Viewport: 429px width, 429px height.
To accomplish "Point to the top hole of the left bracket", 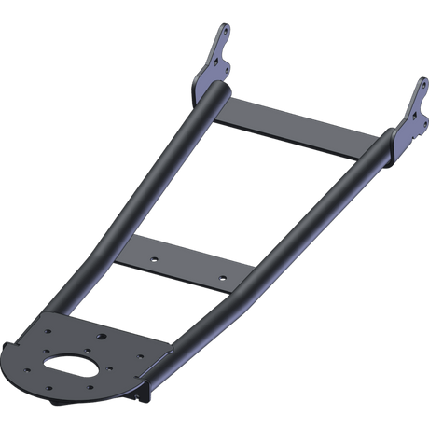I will tap(225, 35).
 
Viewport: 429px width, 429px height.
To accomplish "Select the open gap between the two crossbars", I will tap(242, 187).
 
